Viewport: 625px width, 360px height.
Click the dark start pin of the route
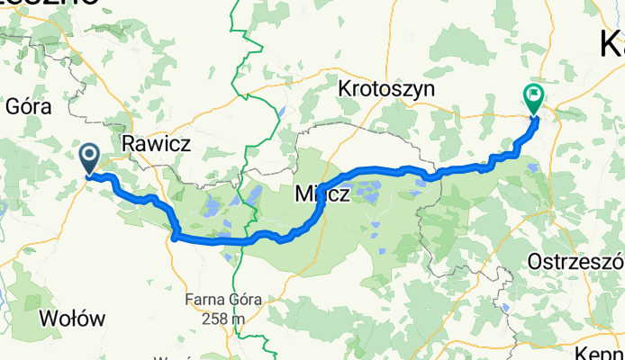pos(90,158)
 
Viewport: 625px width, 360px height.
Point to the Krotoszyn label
pos(386,89)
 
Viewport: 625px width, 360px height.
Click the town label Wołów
pos(74,319)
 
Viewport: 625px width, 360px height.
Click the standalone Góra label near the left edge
pos(25,106)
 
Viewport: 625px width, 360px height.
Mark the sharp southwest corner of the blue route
pos(173,238)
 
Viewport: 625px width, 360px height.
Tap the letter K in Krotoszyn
pos(344,89)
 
